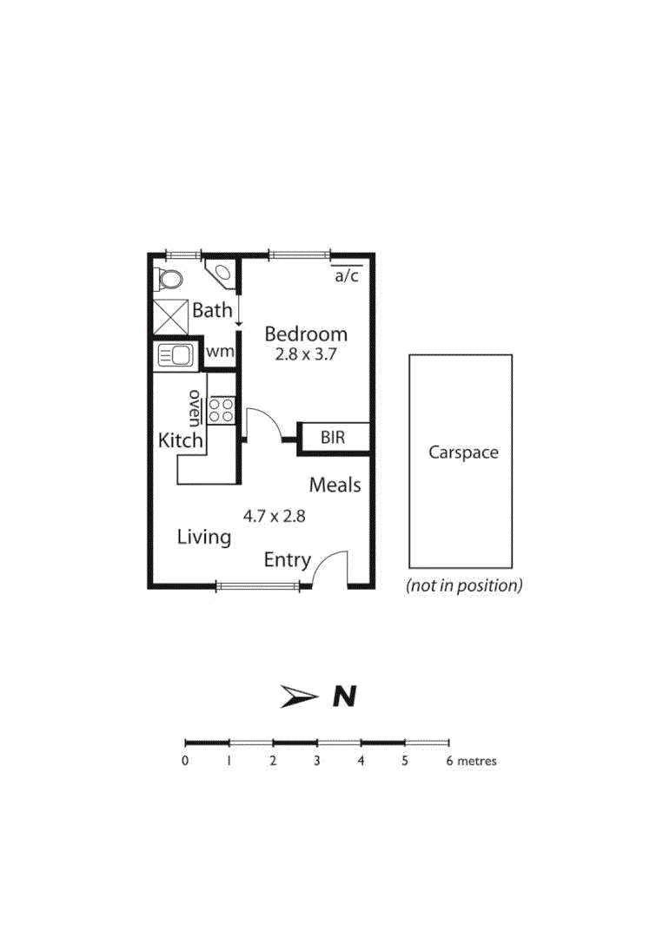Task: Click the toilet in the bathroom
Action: [170, 279]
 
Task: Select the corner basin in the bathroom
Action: [222, 273]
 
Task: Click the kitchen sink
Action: [176, 355]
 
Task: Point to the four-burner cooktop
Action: [221, 410]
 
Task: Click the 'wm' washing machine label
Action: [220, 352]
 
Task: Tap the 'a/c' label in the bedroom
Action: [347, 276]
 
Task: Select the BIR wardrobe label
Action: [333, 438]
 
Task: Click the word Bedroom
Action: [306, 334]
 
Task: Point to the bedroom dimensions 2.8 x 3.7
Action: [306, 354]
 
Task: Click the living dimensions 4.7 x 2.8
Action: [274, 515]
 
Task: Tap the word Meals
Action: [335, 485]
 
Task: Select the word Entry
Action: [287, 560]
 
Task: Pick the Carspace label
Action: [463, 452]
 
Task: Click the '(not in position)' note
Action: [464, 585]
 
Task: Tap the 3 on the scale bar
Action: [317, 762]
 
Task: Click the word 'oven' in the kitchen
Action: [196, 405]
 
